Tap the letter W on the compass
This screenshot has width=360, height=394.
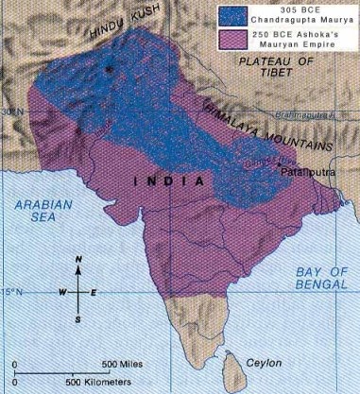63,292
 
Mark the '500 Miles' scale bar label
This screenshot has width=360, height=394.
123,365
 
